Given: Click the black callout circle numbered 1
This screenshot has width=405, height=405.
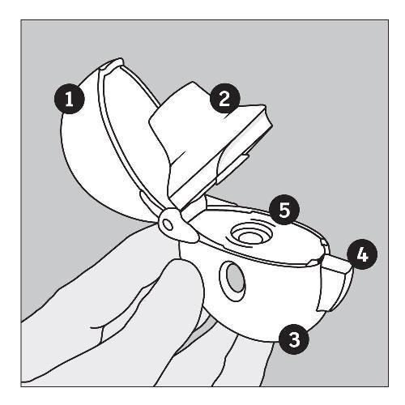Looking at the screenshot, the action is point(70,99).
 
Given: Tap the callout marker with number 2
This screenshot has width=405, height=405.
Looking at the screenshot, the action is point(224,99).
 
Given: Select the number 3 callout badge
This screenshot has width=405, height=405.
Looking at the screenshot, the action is point(293,339).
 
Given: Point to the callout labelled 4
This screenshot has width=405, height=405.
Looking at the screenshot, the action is point(362,254).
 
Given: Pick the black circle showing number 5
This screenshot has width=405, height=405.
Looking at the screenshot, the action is point(284,210).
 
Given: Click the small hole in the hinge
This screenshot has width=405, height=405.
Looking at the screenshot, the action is point(168,224).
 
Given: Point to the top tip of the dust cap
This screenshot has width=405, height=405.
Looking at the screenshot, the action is point(119,58).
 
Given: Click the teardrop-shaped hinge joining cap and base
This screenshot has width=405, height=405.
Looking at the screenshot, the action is point(177,225).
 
